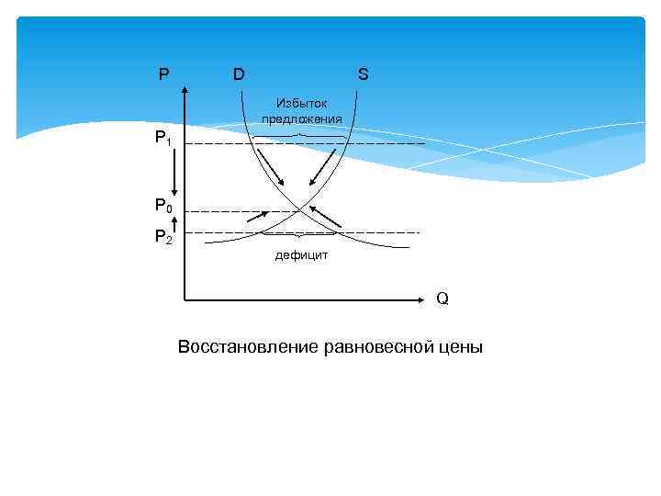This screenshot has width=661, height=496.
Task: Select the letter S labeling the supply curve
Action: [364, 74]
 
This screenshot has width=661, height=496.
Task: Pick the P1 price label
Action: [162, 140]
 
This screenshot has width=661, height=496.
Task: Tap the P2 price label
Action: [162, 238]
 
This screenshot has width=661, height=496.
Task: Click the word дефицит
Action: [301, 255]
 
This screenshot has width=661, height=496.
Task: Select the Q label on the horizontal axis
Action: [443, 299]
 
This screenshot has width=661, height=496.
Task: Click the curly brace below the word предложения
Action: [301, 137]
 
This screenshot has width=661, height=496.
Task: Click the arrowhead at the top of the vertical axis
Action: [185, 88]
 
